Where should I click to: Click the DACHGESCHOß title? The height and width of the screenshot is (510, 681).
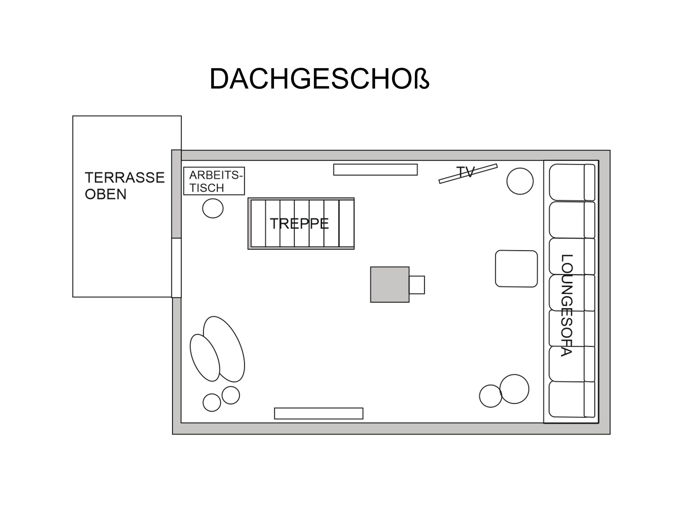tap(319, 79)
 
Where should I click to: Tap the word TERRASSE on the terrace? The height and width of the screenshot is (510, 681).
tap(125, 178)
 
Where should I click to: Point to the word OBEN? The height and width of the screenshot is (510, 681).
tap(106, 194)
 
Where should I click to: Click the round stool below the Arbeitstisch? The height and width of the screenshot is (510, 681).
tap(213, 208)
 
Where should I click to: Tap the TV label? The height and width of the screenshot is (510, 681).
tap(466, 172)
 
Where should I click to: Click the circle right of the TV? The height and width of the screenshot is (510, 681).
tap(520, 181)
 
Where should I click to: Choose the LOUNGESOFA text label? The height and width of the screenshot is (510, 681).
tap(567, 305)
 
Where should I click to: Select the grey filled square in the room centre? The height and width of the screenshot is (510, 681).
tap(390, 284)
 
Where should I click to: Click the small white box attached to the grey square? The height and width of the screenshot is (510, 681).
tap(417, 285)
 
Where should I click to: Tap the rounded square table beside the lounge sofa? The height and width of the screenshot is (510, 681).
tap(516, 269)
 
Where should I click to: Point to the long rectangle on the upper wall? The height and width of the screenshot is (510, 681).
tap(375, 170)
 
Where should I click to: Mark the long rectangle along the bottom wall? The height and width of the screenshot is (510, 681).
tap(319, 413)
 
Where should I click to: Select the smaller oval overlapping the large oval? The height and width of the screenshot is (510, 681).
tap(205, 358)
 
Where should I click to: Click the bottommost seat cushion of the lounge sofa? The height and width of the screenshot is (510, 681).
tap(572, 399)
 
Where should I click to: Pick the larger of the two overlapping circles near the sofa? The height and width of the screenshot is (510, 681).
tap(514, 389)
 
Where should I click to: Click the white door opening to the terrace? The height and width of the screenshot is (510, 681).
tap(176, 268)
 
